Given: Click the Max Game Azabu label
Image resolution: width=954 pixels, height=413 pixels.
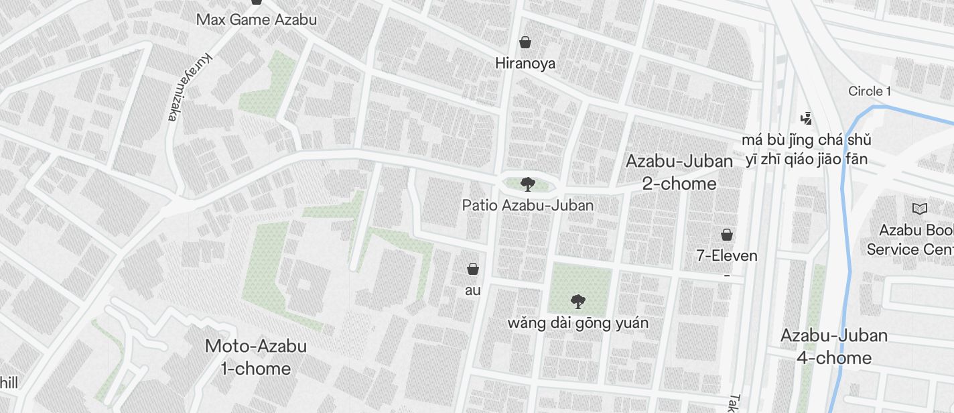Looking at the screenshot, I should (256, 19).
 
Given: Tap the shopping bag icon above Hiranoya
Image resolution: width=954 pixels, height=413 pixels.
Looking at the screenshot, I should (526, 42).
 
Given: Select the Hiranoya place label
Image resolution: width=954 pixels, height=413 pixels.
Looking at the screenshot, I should (525, 64).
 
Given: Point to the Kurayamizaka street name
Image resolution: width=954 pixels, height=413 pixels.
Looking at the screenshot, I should (187, 88).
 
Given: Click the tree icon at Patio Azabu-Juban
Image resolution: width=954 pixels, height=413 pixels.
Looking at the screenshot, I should (528, 184).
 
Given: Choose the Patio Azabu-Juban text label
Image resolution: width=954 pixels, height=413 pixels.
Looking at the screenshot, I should (528, 205).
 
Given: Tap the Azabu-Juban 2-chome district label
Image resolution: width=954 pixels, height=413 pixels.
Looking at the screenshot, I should (679, 172).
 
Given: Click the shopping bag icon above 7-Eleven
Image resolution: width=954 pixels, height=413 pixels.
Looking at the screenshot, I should (727, 235).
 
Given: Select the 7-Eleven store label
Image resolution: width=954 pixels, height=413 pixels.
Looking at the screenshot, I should (727, 255).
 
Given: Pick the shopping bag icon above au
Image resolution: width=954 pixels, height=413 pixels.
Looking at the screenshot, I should (473, 269).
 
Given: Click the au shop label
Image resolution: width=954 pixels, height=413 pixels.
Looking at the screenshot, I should (473, 290).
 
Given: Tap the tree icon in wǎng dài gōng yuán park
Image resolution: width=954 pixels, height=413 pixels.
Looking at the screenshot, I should (577, 302).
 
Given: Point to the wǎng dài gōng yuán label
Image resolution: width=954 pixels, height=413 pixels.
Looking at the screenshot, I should (577, 323).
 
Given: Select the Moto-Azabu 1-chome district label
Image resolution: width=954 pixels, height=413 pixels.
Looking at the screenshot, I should (256, 357).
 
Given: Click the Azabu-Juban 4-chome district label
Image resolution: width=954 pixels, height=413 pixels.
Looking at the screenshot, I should (834, 346).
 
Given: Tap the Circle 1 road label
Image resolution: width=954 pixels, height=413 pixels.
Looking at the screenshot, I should (869, 91).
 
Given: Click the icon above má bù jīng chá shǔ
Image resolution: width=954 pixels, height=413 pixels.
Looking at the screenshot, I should (807, 119).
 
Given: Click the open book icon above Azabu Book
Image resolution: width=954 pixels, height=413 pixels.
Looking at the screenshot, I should (921, 209).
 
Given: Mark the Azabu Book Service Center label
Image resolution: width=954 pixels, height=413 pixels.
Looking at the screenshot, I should (911, 240).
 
